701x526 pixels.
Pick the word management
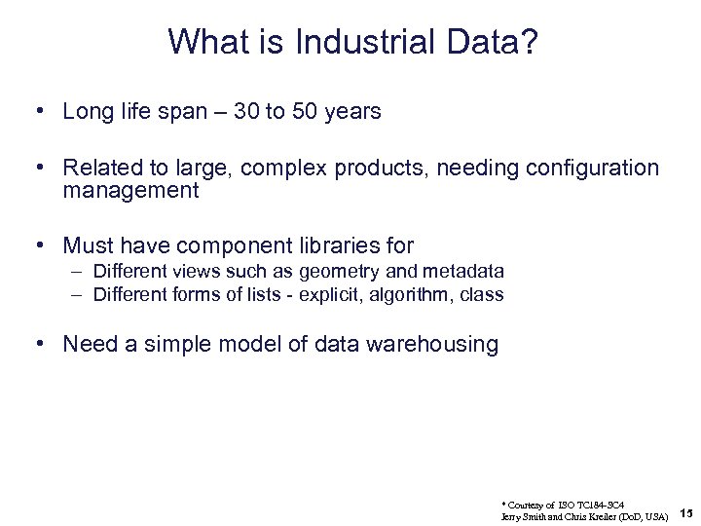pos(130,191)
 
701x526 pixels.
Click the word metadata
pos(465,272)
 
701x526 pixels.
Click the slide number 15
pos(685,513)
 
